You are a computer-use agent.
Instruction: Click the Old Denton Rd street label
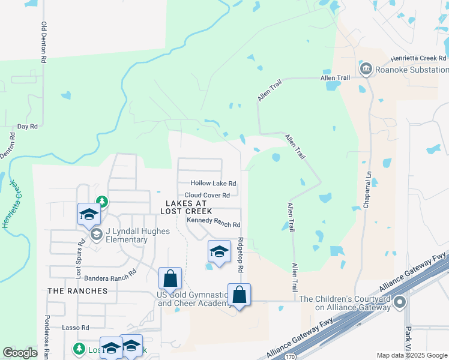point(44,43)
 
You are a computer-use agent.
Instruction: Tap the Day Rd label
point(28,127)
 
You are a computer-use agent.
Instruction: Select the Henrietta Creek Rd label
point(418,58)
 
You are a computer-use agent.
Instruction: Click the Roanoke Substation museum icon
point(366,70)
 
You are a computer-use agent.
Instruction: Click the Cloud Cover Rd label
point(207,196)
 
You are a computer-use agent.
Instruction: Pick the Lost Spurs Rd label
point(79,258)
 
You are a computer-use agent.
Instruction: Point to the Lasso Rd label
point(77,328)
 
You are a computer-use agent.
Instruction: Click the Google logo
point(20,353)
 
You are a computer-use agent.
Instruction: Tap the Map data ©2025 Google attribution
point(411,355)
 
